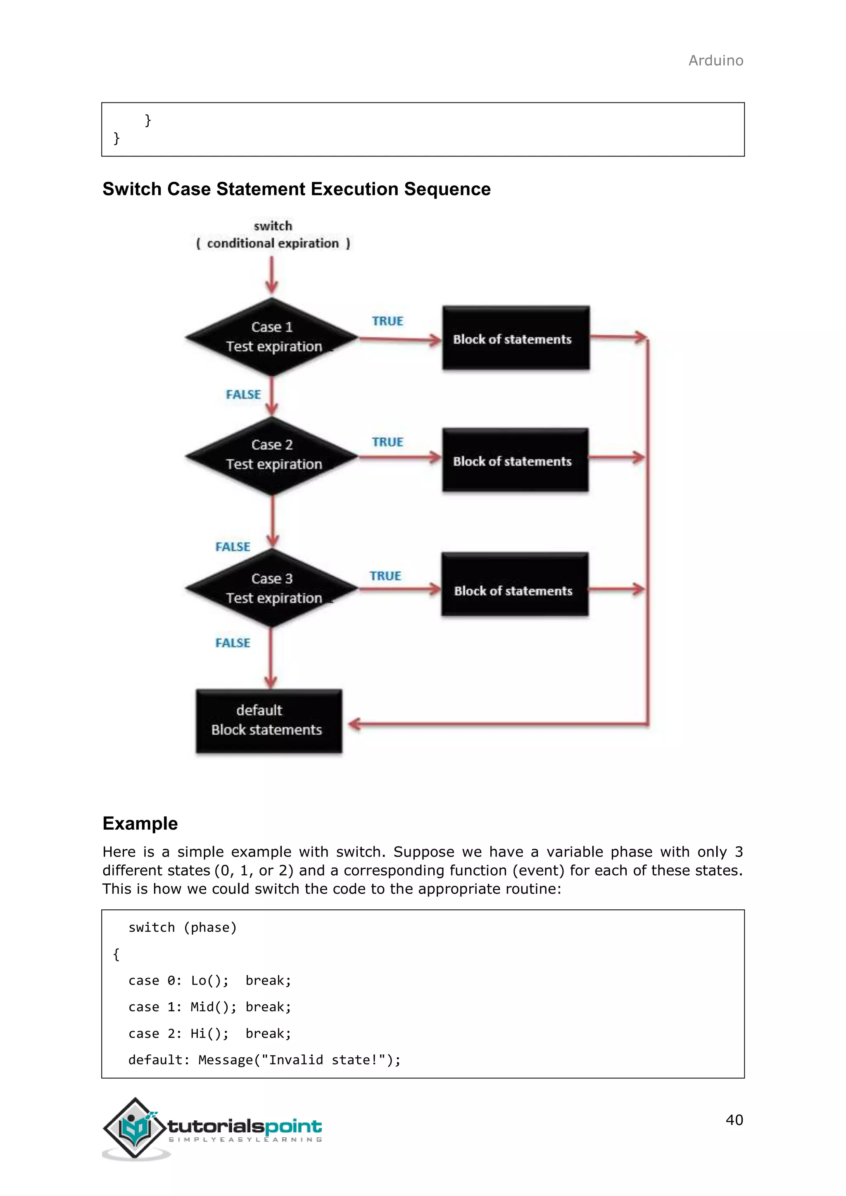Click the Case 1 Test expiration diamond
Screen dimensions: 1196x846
tap(272, 337)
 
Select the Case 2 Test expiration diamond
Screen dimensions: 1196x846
tap(272, 455)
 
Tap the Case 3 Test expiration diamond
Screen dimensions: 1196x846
tap(272, 588)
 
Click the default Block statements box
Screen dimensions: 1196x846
tap(269, 721)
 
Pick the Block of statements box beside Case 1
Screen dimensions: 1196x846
tap(516, 339)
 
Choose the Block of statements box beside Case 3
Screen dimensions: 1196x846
tap(515, 584)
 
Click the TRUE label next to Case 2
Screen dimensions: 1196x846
tap(387, 442)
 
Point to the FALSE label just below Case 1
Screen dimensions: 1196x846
tap(243, 394)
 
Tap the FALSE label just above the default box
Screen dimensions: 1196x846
tap(233, 643)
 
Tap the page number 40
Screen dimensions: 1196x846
tap(734, 1120)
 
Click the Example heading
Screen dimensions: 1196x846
tap(140, 823)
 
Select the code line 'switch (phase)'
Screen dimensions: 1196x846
tap(182, 927)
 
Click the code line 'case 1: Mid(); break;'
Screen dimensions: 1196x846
tap(209, 1007)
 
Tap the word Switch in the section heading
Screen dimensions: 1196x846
tap(132, 189)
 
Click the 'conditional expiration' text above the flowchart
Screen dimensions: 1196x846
tap(273, 243)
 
